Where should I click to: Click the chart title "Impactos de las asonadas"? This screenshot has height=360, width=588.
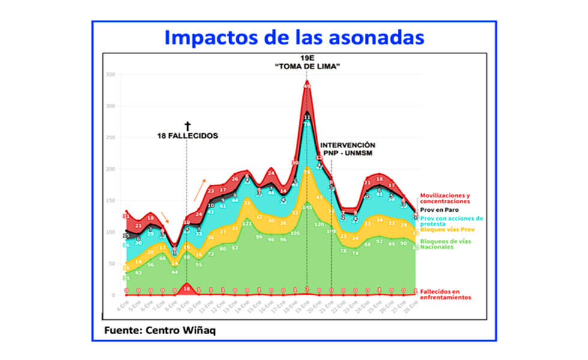point(294,37)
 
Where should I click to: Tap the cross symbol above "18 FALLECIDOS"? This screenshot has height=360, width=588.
point(187,126)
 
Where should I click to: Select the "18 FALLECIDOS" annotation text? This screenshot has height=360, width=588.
point(187,136)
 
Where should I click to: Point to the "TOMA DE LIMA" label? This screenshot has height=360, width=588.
point(308,67)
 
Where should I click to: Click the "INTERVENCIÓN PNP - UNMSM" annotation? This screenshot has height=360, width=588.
point(347,149)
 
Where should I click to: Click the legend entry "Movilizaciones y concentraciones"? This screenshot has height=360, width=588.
point(445,199)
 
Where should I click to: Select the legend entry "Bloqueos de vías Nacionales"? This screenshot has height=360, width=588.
point(444,244)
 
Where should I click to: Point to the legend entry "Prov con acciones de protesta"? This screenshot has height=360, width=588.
point(450,221)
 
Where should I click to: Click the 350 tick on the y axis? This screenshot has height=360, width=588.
point(110,74)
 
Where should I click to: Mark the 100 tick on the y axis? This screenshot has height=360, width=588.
point(110,232)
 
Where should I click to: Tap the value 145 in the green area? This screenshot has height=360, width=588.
point(307,208)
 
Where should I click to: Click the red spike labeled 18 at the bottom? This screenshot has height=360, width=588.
point(187,288)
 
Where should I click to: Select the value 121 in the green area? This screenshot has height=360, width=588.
point(247,223)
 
